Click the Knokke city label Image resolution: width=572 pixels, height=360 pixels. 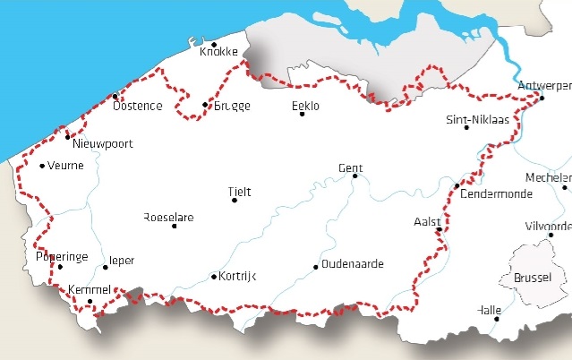coord(218,52)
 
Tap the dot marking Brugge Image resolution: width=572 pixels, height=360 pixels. coord(205,106)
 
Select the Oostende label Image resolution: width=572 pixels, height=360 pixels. coord(138,106)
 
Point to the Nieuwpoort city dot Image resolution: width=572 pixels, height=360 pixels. coord(68,137)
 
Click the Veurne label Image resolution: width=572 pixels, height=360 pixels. coord(65,165)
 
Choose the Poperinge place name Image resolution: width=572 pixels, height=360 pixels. coord(62,256)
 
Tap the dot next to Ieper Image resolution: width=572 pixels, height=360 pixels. coord(106,267)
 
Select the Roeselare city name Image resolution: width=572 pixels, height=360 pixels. coord(168,218)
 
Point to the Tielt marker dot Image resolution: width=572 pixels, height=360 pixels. coord(235,201)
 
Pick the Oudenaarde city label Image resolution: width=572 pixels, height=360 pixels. coord(352,264)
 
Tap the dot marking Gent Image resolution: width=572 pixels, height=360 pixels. coord(354,176)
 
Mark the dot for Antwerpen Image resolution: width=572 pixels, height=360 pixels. coord(542,97)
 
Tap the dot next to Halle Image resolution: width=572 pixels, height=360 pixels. coord(497,319)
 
